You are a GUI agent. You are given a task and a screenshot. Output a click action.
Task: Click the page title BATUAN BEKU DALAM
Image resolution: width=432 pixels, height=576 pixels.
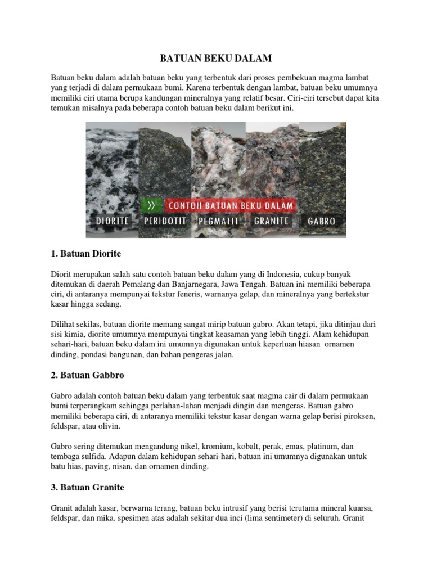point(216,57)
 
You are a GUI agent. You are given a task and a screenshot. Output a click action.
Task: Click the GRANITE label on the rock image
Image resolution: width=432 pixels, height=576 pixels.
point(272,220)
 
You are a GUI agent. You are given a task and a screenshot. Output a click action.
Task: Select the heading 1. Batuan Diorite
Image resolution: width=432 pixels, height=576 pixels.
point(86,254)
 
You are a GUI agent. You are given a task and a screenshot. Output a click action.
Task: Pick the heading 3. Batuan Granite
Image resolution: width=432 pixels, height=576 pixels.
point(87,487)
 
